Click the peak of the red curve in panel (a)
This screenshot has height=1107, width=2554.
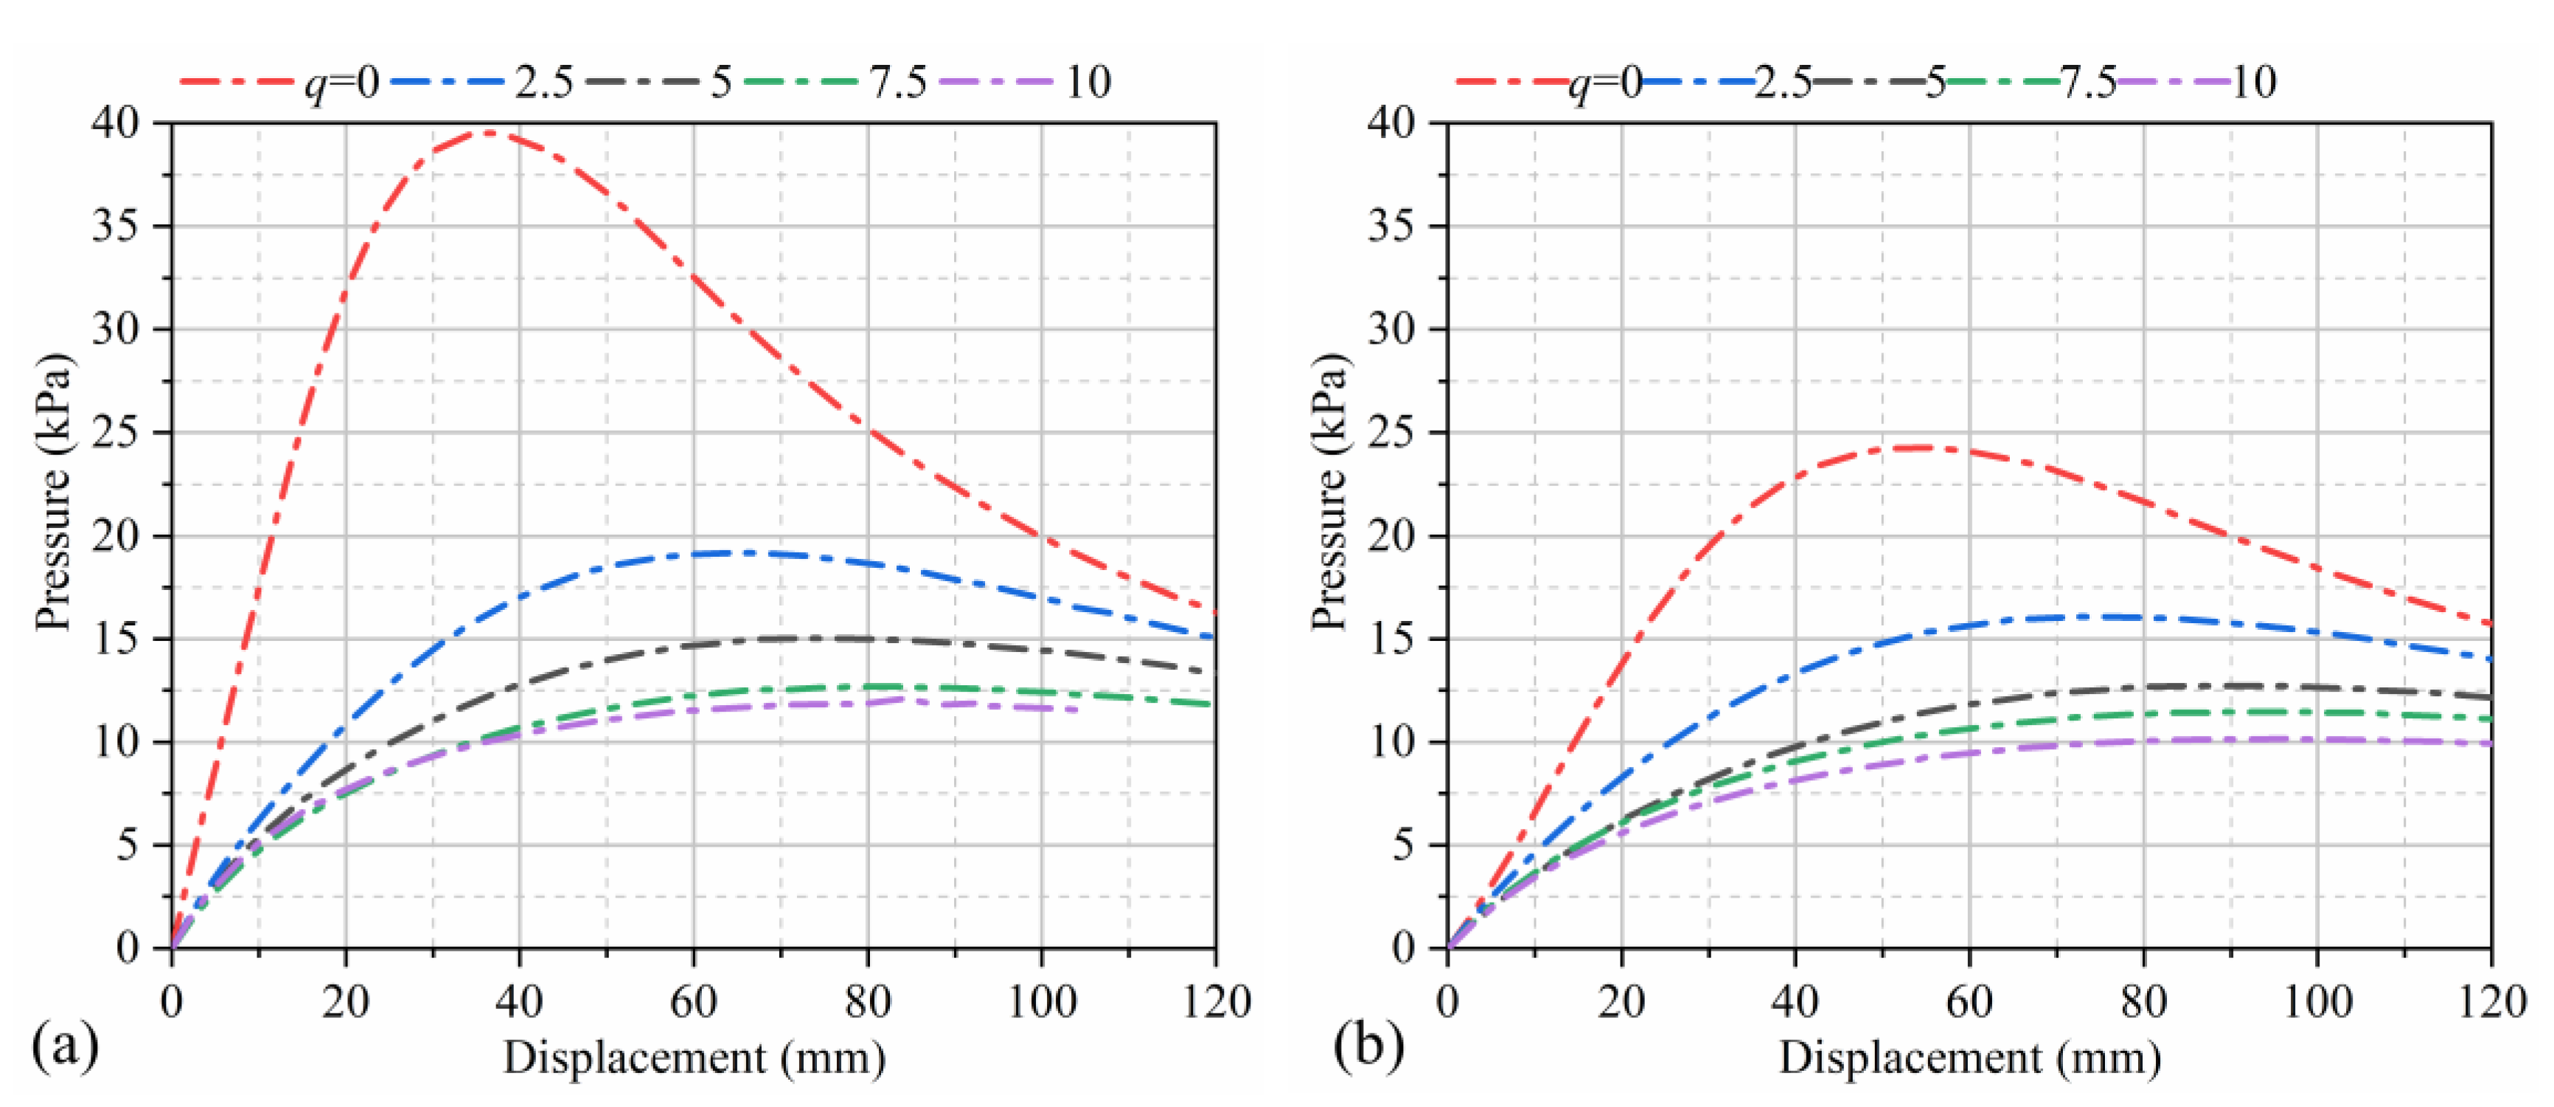[x=488, y=132]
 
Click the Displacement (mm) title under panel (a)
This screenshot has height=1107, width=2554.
[x=694, y=1058]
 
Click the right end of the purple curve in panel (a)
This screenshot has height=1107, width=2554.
[x=1076, y=710]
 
